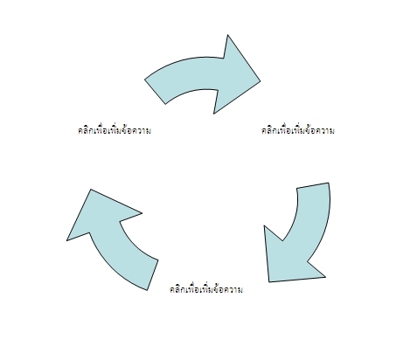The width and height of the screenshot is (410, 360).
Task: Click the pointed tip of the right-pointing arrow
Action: (x=260, y=81)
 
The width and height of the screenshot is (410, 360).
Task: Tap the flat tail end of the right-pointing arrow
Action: (x=155, y=92)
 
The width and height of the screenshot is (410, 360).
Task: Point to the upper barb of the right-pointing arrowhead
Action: (x=227, y=35)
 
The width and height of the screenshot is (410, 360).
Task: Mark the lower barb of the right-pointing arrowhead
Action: (x=214, y=114)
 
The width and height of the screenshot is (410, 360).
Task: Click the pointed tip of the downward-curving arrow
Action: (x=269, y=281)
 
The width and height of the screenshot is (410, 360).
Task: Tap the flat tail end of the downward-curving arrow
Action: (x=313, y=185)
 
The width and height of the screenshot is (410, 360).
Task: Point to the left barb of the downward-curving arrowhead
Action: (x=264, y=225)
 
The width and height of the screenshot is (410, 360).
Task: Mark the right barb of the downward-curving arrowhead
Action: (x=325, y=277)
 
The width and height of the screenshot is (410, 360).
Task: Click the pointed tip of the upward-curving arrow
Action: (x=91, y=190)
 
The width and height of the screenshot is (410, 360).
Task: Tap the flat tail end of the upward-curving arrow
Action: (x=153, y=275)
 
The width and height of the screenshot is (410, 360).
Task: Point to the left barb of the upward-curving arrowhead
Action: (x=67, y=240)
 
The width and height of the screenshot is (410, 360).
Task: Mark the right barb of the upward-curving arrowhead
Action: (x=142, y=213)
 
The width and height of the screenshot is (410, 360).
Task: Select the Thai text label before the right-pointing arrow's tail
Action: (x=115, y=130)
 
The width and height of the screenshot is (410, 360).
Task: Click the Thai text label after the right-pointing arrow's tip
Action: (x=298, y=130)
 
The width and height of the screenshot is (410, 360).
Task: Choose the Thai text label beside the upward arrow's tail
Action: (x=206, y=289)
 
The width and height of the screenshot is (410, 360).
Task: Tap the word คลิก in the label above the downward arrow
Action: (x=269, y=130)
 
